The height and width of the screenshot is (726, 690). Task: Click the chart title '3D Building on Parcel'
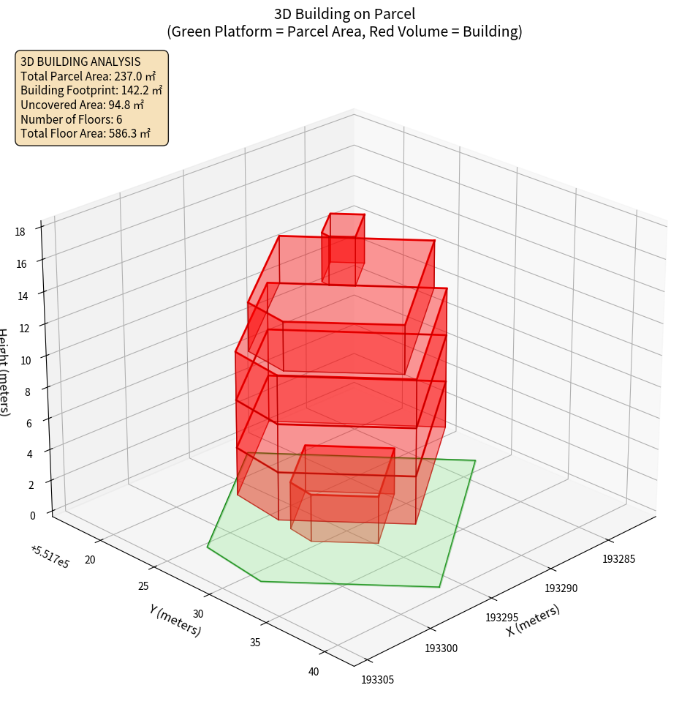345,13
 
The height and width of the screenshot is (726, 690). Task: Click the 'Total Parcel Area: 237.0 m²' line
88,76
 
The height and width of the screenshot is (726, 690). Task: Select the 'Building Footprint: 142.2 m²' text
91,90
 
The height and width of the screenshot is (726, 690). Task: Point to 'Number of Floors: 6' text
72,119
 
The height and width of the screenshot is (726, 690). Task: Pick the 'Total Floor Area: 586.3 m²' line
86,133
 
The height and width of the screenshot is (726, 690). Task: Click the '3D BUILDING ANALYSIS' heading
80,61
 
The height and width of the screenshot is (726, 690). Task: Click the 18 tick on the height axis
20,232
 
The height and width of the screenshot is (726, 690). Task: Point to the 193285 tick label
619,559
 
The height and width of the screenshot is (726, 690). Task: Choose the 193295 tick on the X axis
502,618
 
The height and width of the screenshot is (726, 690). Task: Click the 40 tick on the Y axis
314,672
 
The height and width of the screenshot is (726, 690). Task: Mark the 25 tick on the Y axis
143,585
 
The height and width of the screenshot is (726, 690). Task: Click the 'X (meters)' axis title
534,621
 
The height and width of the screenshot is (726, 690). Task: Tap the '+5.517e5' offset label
50,557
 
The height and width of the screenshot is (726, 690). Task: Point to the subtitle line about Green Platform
345,31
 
